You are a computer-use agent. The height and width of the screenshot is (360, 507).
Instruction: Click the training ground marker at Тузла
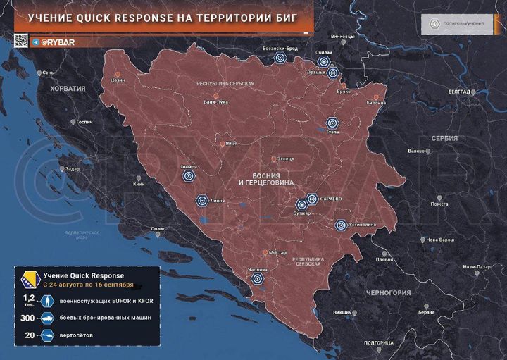tap(332, 123)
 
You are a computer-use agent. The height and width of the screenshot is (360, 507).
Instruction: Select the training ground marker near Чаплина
tap(256, 278)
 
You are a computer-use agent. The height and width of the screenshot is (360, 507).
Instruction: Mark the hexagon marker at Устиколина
tap(342, 225)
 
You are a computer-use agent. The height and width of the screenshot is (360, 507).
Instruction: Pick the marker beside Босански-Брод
tap(281, 59)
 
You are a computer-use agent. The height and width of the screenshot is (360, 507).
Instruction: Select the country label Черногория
tap(388, 292)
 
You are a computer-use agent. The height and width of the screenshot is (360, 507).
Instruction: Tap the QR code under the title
tap(21, 41)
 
